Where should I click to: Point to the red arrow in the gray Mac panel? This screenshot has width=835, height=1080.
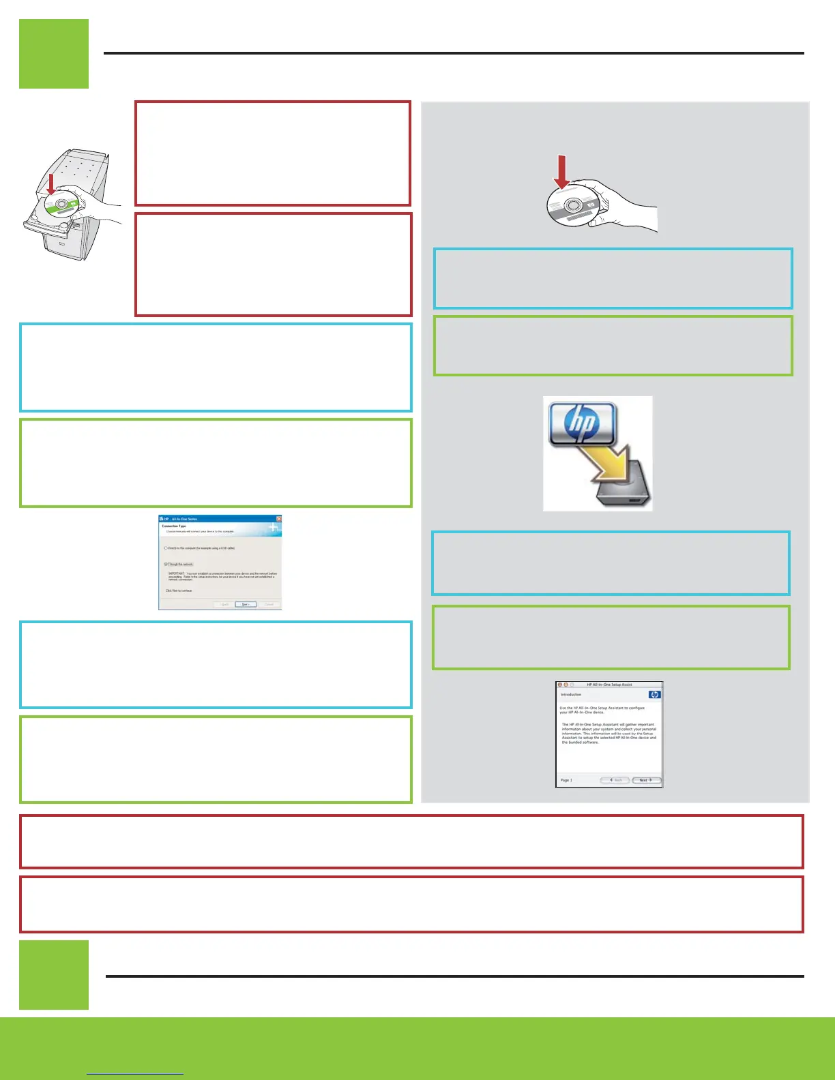point(561,171)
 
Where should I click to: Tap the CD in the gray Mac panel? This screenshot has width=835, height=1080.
point(572,205)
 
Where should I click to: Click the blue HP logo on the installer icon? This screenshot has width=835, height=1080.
point(583,423)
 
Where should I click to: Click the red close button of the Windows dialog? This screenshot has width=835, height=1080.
point(278,519)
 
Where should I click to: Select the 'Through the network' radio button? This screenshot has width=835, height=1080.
point(166,564)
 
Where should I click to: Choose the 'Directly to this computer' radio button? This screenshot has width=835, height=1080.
point(166,548)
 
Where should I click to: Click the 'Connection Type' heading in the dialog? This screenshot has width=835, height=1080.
point(174,526)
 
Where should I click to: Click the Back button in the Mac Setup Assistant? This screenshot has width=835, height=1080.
point(615,780)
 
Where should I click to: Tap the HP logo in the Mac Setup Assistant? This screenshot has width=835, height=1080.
point(654,695)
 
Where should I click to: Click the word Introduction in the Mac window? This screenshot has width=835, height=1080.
point(571,695)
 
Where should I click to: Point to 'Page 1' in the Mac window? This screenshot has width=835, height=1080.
point(566,780)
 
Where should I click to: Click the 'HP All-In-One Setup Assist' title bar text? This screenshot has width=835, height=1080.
point(609,685)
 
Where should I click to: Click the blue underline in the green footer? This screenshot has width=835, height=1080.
point(135,1074)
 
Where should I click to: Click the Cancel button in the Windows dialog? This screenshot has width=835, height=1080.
point(269,604)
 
